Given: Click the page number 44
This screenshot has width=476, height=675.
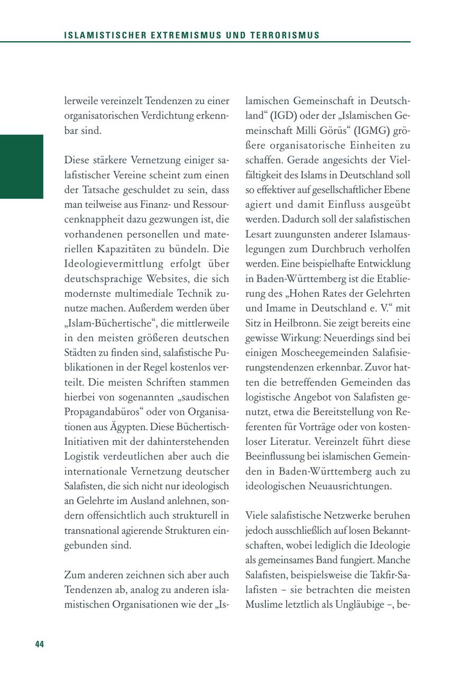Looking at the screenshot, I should click(40, 644).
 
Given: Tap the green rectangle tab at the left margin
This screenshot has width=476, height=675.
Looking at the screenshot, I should click(21, 166).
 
